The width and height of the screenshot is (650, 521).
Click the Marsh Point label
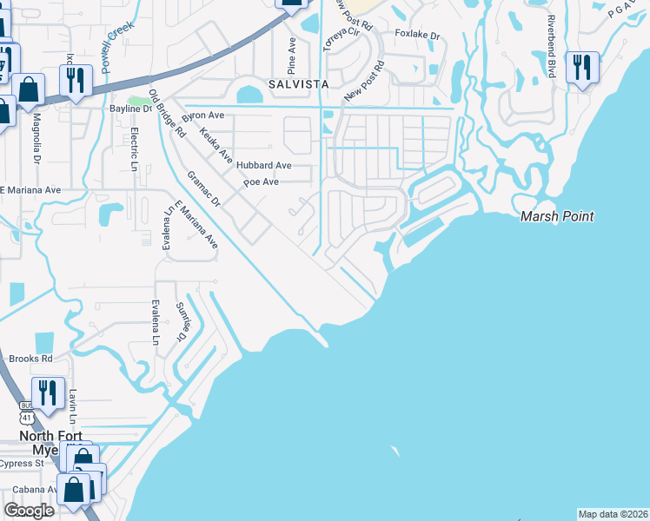557,216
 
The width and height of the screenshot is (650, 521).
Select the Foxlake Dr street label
418,36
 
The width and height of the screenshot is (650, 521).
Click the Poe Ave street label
261,182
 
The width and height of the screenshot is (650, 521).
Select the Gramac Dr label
205,188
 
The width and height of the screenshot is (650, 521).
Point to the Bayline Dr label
131,109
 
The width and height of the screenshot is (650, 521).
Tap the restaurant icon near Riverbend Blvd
580,67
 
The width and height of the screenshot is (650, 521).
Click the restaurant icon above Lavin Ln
47,392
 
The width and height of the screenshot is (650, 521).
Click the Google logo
29,511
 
